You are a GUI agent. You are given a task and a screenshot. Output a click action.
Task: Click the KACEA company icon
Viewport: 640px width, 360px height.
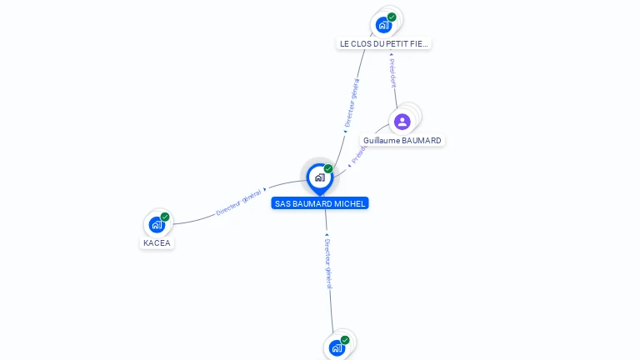[x=157, y=224]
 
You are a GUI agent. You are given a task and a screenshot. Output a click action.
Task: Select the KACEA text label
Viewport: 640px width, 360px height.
[x=157, y=243]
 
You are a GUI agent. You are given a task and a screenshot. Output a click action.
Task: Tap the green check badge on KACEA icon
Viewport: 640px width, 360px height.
[x=165, y=217]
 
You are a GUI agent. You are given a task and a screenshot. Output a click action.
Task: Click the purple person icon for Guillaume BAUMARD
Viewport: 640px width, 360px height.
[x=402, y=122]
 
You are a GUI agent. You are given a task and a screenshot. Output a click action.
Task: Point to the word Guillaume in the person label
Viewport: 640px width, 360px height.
[x=381, y=141]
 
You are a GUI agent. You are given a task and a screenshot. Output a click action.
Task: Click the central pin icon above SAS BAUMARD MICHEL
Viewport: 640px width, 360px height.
[x=319, y=177]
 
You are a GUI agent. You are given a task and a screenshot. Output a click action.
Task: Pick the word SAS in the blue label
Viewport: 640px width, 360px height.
[x=282, y=203]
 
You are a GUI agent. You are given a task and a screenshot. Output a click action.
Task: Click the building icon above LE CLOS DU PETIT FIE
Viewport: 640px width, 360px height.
[x=383, y=24]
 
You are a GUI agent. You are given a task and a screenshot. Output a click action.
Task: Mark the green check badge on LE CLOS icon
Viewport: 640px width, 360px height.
[x=392, y=17]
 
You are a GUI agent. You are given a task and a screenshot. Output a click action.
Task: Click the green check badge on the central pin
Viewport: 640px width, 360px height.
[x=328, y=169]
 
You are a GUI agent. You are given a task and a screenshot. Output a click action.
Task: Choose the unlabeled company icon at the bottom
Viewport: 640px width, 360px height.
[x=337, y=347]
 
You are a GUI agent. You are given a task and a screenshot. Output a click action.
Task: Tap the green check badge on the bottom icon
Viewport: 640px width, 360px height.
[x=345, y=340]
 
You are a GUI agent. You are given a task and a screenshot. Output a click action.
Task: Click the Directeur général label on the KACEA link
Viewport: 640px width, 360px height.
[x=239, y=202]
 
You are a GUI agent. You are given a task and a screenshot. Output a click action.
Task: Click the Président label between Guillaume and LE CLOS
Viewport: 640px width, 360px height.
[x=392, y=73]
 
